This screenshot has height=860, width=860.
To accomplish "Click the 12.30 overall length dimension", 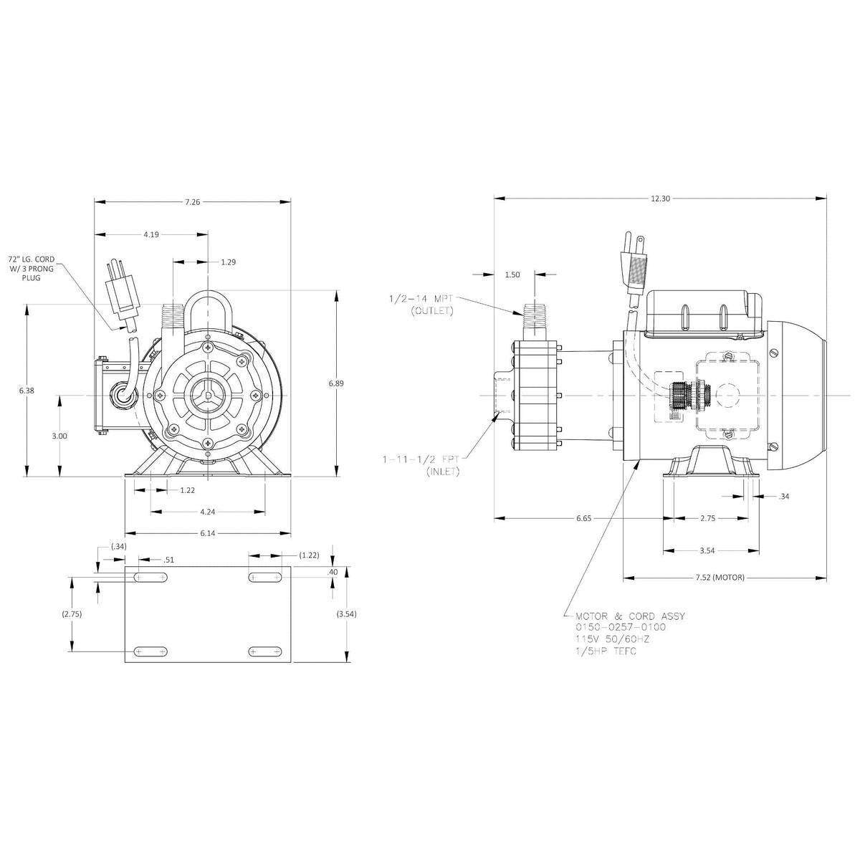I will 660,199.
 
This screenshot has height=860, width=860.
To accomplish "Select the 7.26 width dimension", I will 192,202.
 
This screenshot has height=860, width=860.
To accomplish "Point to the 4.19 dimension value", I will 151,234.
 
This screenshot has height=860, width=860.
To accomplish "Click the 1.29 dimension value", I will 228,262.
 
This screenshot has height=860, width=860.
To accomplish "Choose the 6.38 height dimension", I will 27,391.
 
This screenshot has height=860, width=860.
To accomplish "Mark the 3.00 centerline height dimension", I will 60,436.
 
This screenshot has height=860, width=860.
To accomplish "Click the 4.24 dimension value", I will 207,512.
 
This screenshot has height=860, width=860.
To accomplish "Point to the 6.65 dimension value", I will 583,518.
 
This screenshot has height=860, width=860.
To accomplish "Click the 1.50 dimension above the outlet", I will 512,274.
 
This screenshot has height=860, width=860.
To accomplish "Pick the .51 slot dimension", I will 169,560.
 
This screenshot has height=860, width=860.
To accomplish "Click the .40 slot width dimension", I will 332,572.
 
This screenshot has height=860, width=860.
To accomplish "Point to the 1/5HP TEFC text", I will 606,651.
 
